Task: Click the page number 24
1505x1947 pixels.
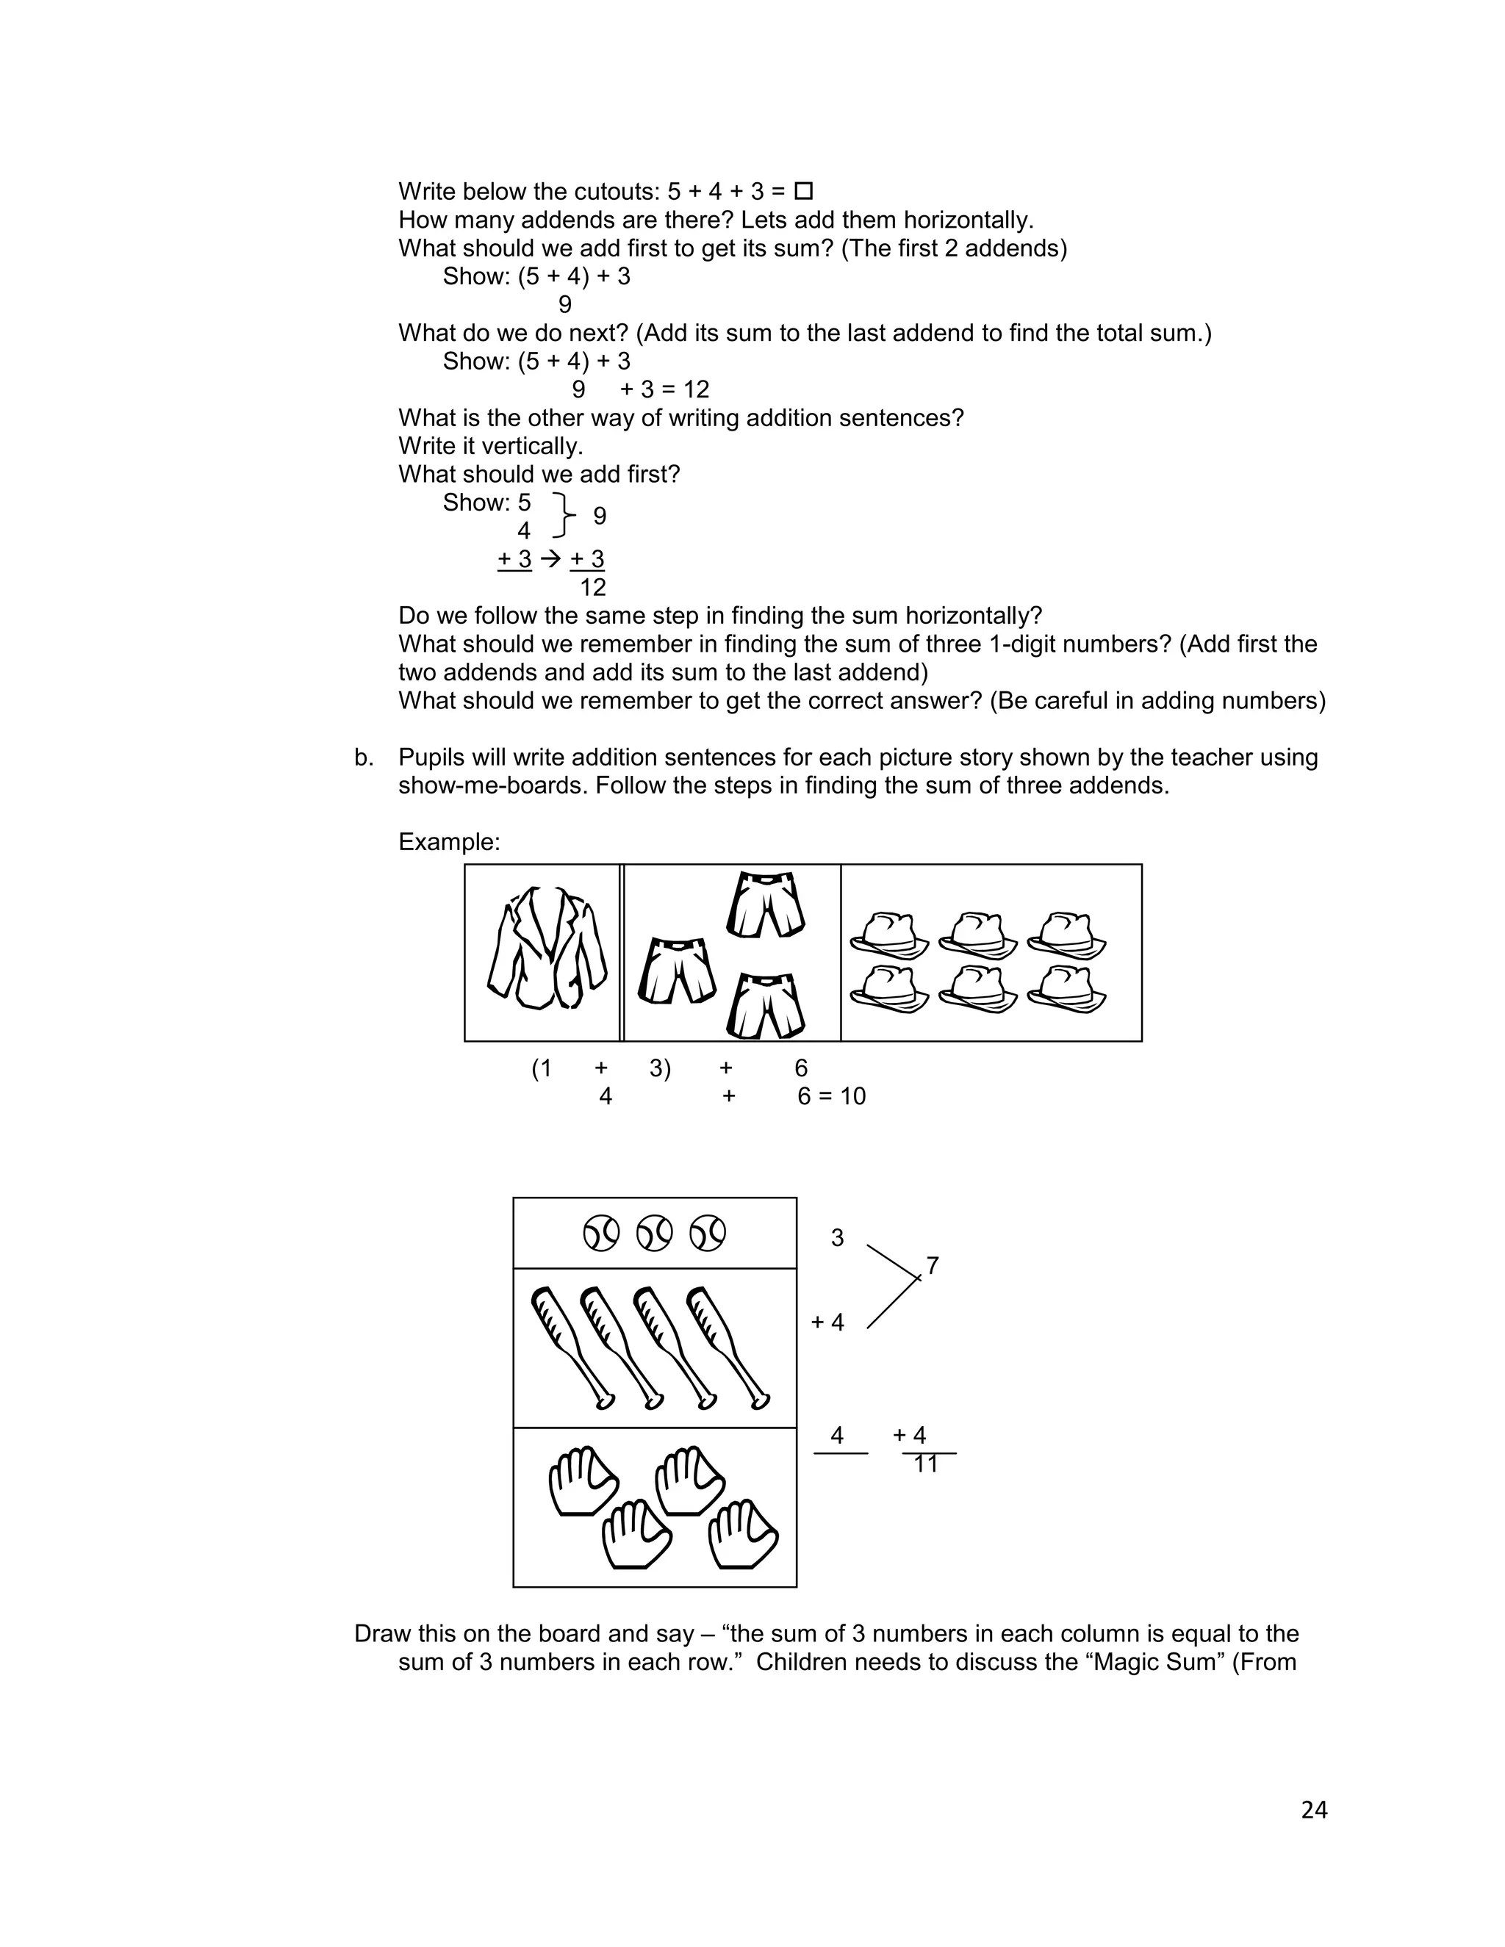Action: point(1313,1810)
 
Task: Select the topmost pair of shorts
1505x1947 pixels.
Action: point(766,905)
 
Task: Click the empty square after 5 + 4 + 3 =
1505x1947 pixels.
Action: point(803,191)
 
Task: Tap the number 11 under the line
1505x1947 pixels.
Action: point(925,1464)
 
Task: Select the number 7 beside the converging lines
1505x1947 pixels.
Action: point(933,1265)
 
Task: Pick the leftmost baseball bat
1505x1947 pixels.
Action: point(570,1347)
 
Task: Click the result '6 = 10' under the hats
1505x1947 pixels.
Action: point(831,1095)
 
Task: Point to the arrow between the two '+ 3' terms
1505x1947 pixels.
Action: point(551,559)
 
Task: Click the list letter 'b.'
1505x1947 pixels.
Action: point(364,757)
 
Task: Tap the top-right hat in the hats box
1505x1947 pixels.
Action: point(1066,933)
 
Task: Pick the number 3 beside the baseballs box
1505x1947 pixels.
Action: point(836,1237)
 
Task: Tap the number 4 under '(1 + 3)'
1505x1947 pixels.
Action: point(606,1095)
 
